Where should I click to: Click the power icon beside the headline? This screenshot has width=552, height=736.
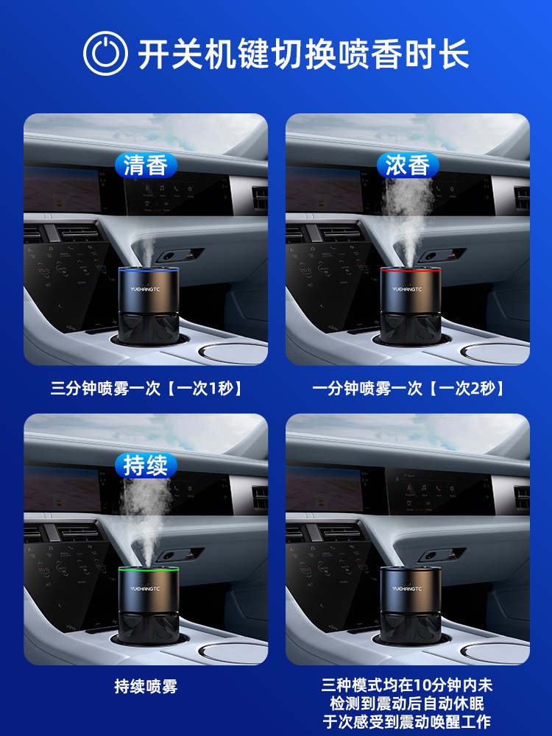point(105,53)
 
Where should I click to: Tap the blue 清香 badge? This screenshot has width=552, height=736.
point(146,165)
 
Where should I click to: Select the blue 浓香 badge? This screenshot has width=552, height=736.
point(408,165)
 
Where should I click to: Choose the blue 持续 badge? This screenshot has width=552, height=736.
point(146,465)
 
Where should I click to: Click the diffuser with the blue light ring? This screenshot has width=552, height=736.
point(149,306)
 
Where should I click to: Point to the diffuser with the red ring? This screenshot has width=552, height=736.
point(411,306)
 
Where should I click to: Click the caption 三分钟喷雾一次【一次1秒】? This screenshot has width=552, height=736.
point(146,388)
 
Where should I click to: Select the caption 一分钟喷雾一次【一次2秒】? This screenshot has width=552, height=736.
point(408,388)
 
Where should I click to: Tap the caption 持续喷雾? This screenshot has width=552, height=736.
point(146,687)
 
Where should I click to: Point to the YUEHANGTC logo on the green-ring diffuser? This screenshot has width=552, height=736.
point(145,589)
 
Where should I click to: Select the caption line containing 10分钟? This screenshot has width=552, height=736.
point(407,685)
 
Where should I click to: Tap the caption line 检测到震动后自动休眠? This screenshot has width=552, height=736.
point(407,703)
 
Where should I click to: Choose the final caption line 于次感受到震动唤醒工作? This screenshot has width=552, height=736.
point(407,721)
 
